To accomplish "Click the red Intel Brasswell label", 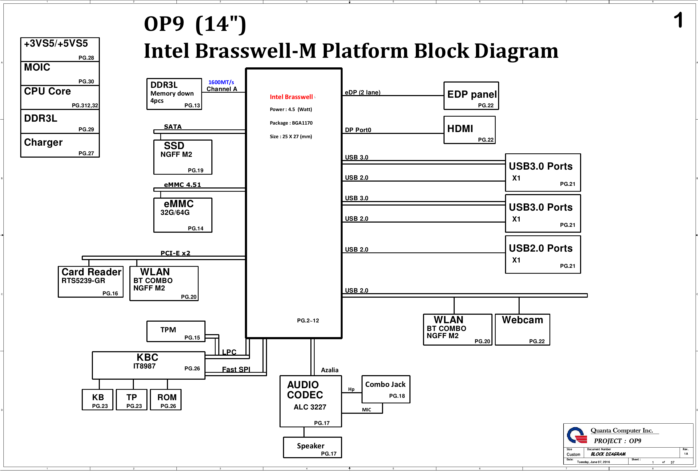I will (x=291, y=97).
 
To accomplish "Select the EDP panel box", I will (x=471, y=96).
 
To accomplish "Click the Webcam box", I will (x=522, y=330).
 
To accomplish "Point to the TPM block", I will (x=176, y=331).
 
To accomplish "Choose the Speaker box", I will (x=312, y=447).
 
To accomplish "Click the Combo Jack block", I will (x=386, y=389).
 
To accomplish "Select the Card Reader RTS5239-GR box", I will (x=91, y=282).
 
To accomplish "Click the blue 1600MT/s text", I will (x=221, y=82).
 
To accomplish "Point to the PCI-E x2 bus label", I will (x=175, y=253).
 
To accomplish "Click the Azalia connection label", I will (x=330, y=370).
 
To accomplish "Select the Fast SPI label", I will (x=236, y=370).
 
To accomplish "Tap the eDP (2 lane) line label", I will (x=362, y=92).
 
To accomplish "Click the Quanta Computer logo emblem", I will (x=576, y=435).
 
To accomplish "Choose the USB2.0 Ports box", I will (x=543, y=255).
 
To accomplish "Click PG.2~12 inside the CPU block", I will (x=308, y=321).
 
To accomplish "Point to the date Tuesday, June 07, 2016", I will (x=593, y=462).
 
